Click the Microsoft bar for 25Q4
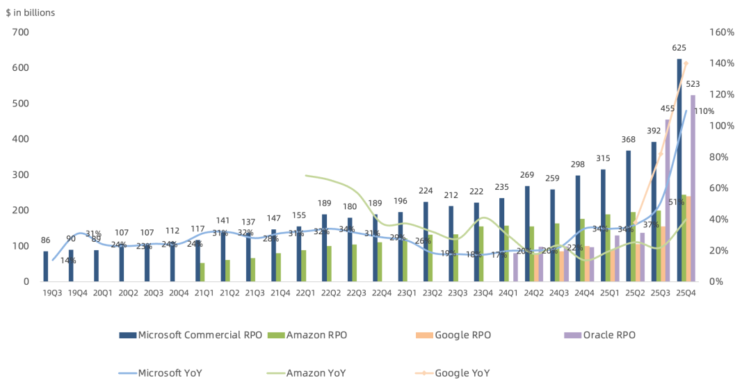(x=679, y=170)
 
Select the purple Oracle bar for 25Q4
(x=693, y=188)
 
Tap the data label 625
(x=679, y=48)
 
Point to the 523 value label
(x=693, y=84)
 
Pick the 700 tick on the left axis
(x=20, y=32)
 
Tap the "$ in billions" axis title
(x=31, y=13)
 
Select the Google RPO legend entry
(x=462, y=335)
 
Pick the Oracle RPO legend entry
(x=609, y=335)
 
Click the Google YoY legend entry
(x=462, y=373)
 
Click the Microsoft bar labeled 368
(x=629, y=216)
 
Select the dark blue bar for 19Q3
(x=46, y=266)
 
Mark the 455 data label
(x=668, y=108)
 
